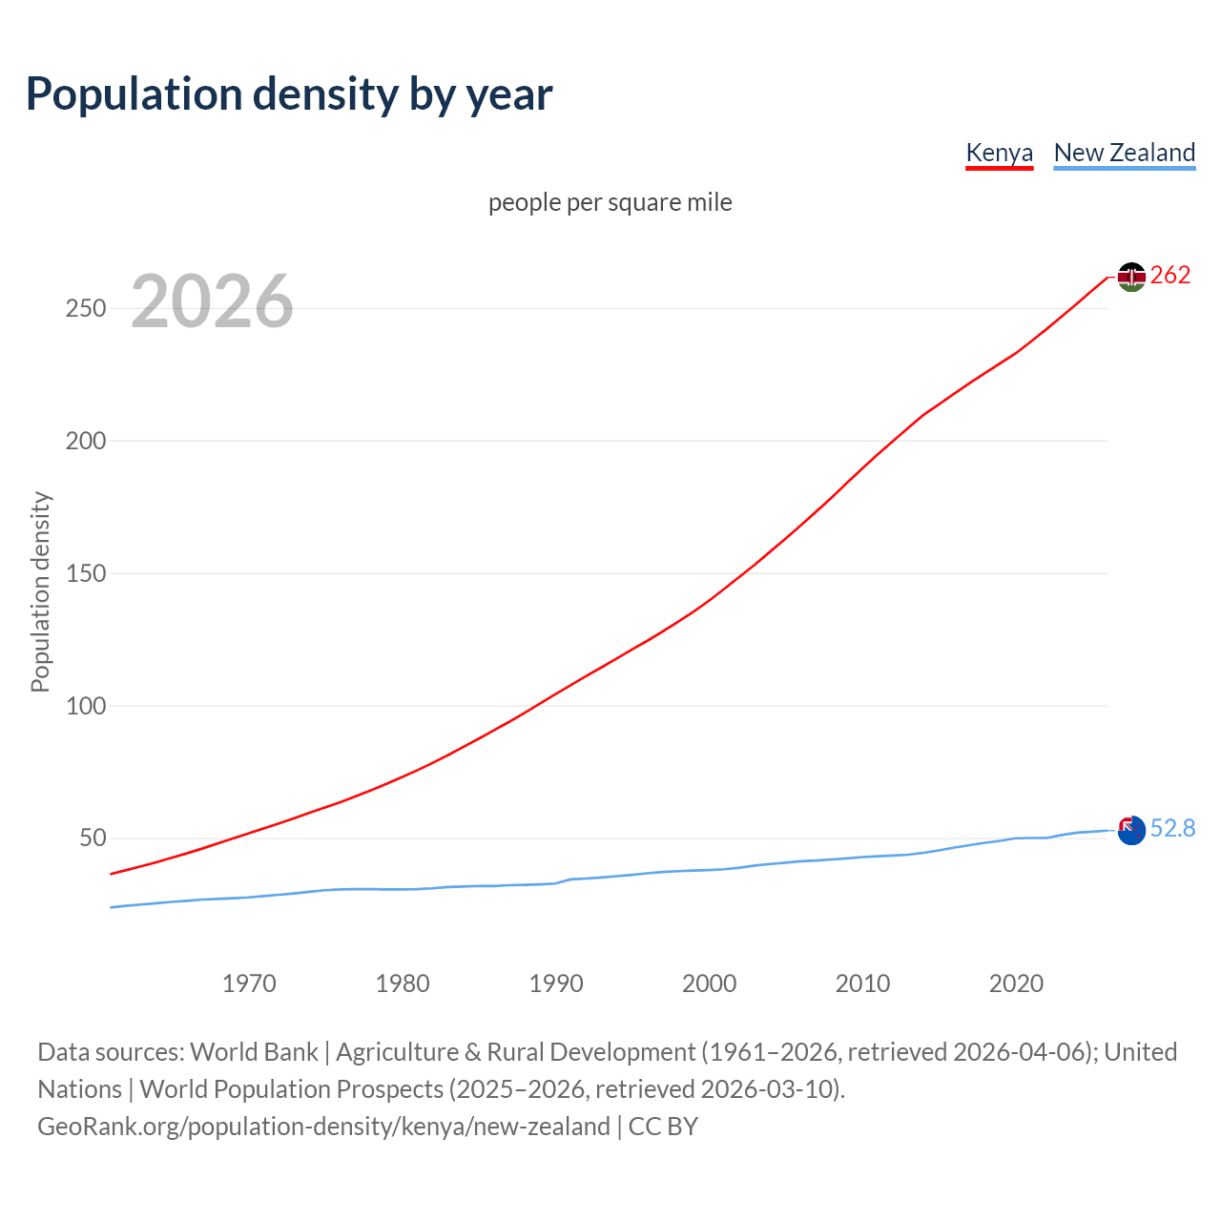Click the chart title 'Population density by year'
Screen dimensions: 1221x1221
click(x=289, y=94)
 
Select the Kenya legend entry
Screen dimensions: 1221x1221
click(x=999, y=154)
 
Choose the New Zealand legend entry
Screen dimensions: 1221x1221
click(x=1124, y=154)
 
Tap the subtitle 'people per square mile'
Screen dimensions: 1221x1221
click(x=610, y=203)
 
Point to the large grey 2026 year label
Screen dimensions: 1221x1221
click(x=212, y=301)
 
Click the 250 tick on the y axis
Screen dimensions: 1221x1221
click(x=86, y=309)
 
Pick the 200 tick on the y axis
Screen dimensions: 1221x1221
click(x=86, y=442)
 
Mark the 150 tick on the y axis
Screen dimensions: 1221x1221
click(x=86, y=574)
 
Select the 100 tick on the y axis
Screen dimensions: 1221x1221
click(x=86, y=707)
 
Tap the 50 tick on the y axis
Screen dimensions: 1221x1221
click(x=93, y=838)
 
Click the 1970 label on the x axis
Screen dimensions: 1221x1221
click(x=249, y=983)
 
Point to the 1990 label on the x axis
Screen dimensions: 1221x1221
click(x=556, y=983)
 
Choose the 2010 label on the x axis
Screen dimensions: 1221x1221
click(x=862, y=983)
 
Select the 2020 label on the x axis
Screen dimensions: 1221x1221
click(x=1016, y=983)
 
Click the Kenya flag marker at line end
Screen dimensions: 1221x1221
click(x=1131, y=277)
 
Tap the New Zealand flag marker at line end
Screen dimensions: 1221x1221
click(x=1131, y=831)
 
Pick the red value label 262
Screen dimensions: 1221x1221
click(x=1170, y=276)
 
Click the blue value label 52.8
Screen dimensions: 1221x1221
click(x=1172, y=829)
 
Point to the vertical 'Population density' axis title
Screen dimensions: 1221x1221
click(x=40, y=591)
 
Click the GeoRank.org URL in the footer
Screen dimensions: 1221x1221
click(x=323, y=1127)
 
